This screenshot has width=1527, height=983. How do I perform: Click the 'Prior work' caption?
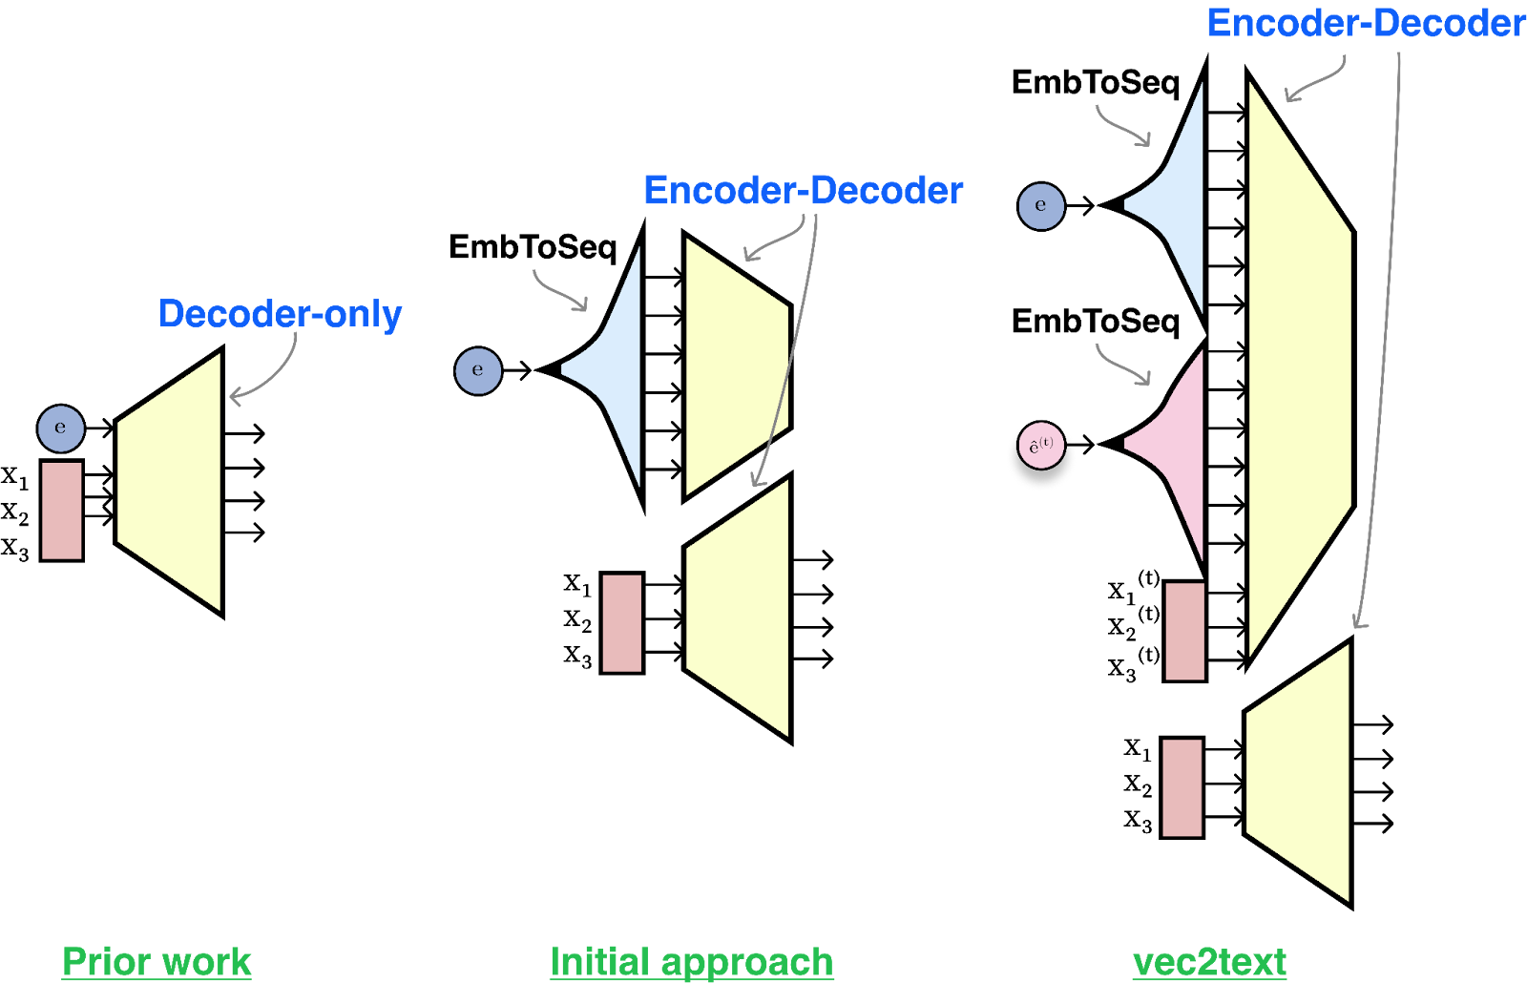click(x=157, y=962)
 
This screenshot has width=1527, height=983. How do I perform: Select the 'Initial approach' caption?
click(x=692, y=962)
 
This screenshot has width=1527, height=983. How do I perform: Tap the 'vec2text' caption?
click(x=1209, y=962)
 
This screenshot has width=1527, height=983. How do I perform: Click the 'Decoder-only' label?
click(x=281, y=314)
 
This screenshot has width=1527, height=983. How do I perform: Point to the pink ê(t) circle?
click(x=1041, y=445)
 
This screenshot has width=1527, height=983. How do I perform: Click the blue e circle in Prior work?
click(x=61, y=429)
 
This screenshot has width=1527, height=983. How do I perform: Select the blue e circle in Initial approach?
click(x=478, y=371)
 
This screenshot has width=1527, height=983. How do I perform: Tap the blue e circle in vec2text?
click(x=1041, y=206)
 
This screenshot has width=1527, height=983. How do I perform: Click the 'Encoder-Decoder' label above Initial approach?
click(x=804, y=190)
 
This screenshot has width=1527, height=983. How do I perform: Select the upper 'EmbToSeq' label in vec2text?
click(x=1096, y=83)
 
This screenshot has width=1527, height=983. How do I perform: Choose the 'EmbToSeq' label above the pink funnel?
click(x=1096, y=322)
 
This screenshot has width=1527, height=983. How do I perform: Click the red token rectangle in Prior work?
click(x=62, y=511)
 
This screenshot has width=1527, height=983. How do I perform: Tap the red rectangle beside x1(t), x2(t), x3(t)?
click(x=1184, y=631)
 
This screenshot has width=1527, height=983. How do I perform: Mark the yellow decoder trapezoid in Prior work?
click(x=170, y=483)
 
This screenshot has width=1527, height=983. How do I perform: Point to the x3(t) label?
click(x=1133, y=665)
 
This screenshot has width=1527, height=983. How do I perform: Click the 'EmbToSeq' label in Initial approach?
click(x=533, y=247)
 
